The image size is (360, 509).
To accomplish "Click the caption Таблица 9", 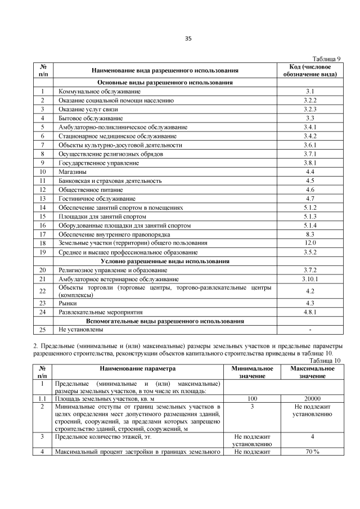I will click(326, 59).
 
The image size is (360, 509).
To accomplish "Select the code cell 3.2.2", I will click(309, 100).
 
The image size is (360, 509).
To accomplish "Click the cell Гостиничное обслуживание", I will click(89, 199).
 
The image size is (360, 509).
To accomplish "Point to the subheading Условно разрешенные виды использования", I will click(165, 262).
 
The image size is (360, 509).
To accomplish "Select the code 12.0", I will click(309, 243).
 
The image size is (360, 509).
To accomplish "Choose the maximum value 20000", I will click(312, 399).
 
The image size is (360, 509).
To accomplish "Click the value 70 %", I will click(312, 452).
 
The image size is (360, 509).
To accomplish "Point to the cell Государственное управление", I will click(91, 163).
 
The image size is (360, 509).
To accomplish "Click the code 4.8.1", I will click(309, 312).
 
